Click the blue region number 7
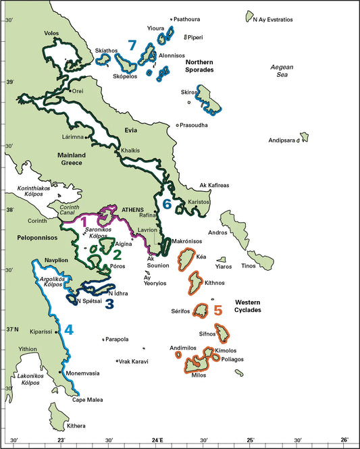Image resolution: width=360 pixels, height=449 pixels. (x=132, y=46)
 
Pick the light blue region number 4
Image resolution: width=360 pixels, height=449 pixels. (x=68, y=329)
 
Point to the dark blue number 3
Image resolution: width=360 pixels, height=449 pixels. (x=109, y=303)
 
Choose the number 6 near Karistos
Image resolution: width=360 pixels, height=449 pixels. (x=167, y=203)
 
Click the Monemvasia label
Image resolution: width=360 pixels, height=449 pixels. (x=82, y=373)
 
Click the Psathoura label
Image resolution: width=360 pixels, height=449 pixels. (x=189, y=20)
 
